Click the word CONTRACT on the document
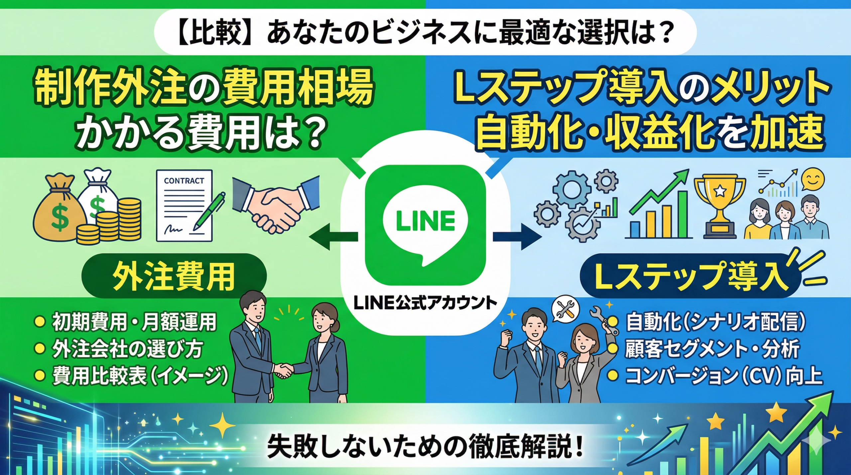pos(184,181)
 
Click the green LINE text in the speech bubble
pos(425,220)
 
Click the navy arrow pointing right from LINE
pos(517,237)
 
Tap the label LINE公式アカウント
pos(425,303)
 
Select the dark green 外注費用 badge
pos(174,276)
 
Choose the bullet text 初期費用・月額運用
pos(135,322)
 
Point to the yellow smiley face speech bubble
pos(812,179)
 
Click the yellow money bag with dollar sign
pos(59,214)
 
